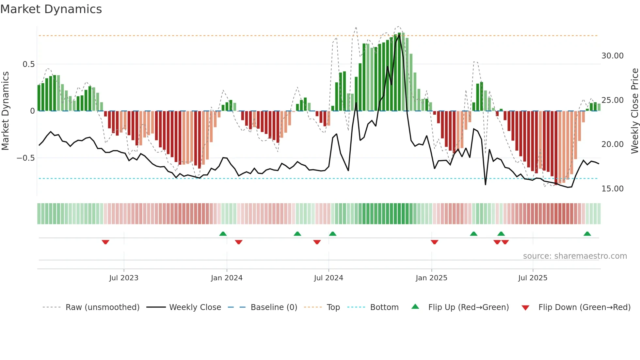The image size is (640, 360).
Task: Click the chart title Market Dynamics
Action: click(51, 9)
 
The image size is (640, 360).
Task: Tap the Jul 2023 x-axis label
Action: click(124, 278)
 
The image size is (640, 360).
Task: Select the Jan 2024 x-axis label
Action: click(227, 278)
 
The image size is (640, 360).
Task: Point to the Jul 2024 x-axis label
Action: click(328, 278)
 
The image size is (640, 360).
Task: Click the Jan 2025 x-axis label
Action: click(431, 278)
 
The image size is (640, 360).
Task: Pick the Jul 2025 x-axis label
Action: click(533, 278)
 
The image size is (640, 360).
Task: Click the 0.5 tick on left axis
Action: click(28, 64)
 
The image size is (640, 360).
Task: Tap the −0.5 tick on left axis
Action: click(26, 158)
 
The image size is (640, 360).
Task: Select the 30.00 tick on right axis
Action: click(612, 56)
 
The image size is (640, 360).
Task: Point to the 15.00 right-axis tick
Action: click(612, 189)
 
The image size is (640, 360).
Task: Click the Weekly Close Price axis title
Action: click(634, 111)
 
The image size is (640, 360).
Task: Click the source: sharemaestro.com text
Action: click(575, 256)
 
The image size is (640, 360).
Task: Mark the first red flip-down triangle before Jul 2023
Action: click(105, 242)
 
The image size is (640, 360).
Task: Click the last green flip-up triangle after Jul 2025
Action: click(587, 234)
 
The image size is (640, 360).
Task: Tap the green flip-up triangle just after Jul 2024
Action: click(332, 234)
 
